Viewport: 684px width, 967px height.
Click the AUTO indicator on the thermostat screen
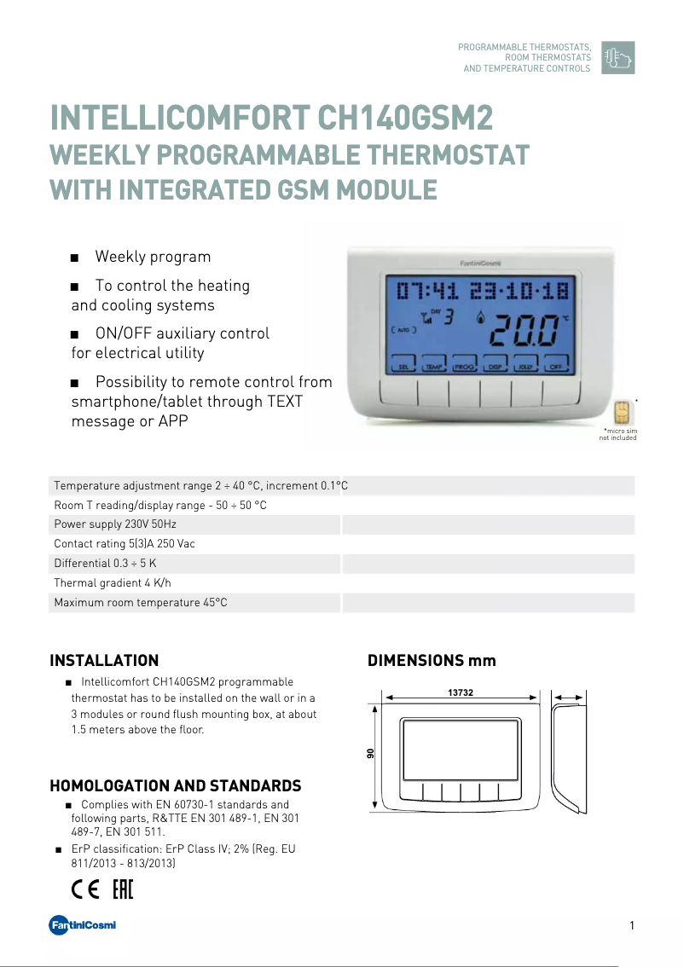point(401,329)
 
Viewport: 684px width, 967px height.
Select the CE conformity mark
point(85,890)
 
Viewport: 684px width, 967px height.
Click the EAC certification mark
point(123,890)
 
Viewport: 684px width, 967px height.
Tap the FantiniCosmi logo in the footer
point(82,926)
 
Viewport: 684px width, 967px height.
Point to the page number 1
point(631,926)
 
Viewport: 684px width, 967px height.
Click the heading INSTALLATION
point(104,661)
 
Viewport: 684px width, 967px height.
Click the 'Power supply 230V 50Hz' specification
point(115,524)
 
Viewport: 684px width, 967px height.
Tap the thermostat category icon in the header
point(617,57)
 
